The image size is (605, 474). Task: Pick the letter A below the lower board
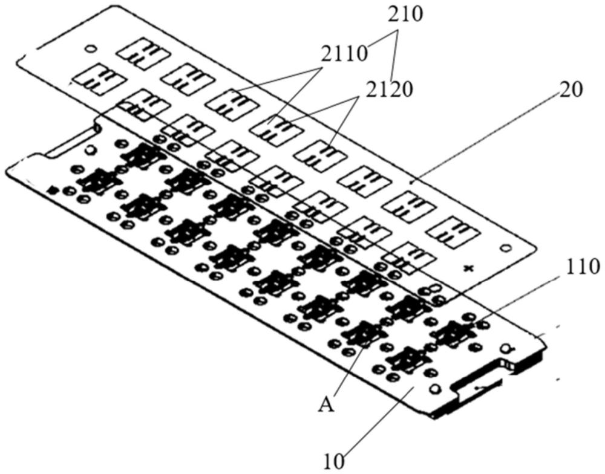coord(327,404)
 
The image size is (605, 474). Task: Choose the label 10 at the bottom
coord(335,461)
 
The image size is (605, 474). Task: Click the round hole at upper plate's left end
coord(90,48)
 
